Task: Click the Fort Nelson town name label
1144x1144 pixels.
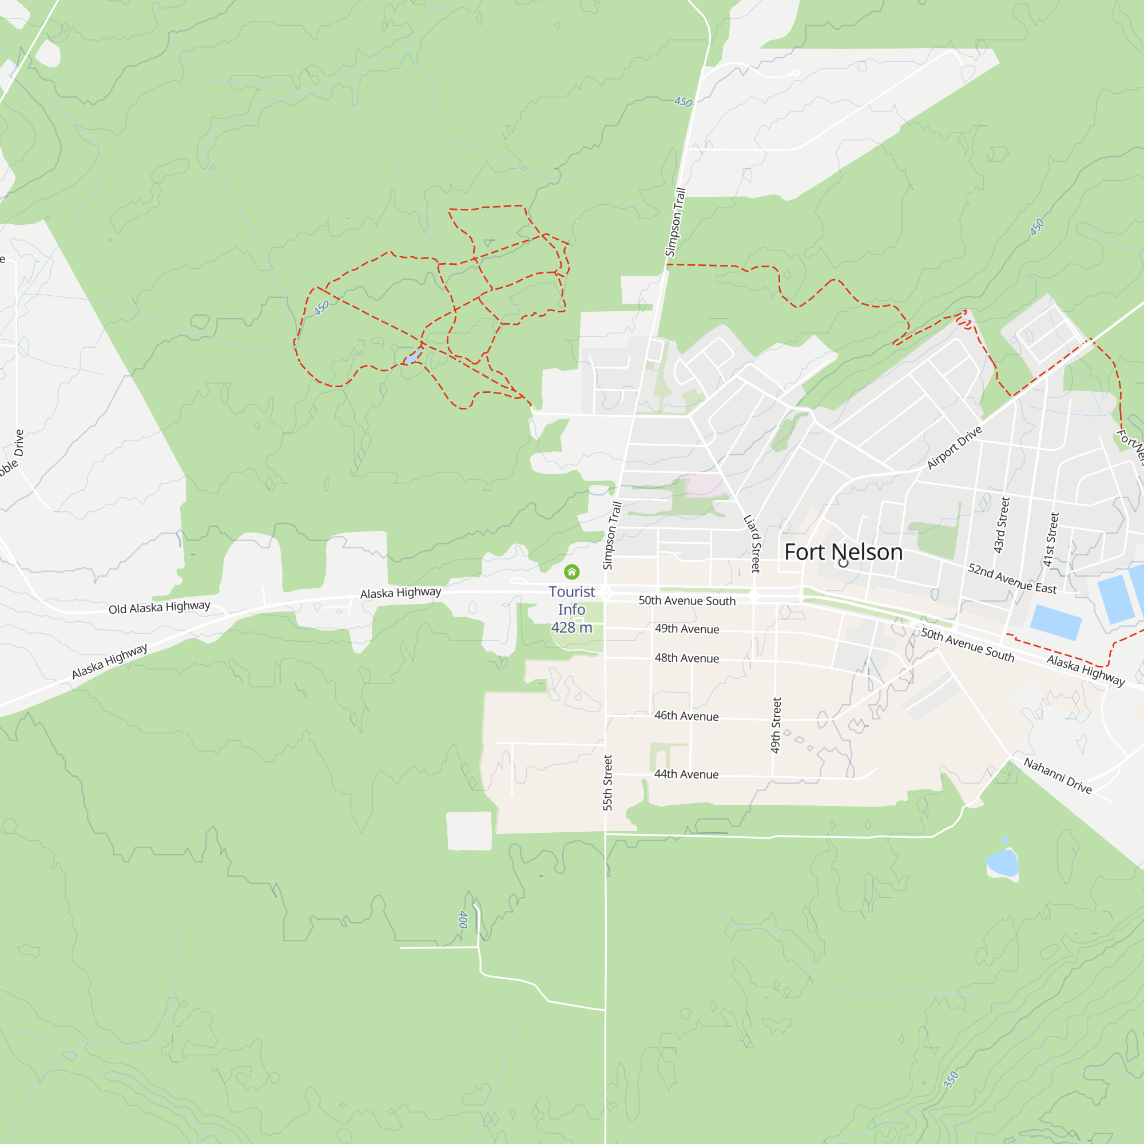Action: tap(843, 552)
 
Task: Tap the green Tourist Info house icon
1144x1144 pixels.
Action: tap(571, 571)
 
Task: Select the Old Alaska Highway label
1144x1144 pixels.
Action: tap(159, 607)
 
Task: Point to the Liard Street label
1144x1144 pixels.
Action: tap(752, 543)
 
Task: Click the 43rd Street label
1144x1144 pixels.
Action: tap(1002, 525)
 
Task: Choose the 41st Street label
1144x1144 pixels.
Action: tap(1051, 539)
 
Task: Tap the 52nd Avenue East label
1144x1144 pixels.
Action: tap(1012, 578)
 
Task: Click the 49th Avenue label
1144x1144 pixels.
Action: tap(687, 629)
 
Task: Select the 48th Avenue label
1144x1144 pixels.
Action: tap(687, 658)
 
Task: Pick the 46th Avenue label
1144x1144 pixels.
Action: tap(686, 716)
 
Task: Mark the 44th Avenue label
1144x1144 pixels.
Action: tap(686, 774)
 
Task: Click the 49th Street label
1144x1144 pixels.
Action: tap(776, 725)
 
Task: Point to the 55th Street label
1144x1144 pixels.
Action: tap(608, 782)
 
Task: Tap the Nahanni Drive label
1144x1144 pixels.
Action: tap(1058, 776)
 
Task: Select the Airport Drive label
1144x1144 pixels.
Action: tap(954, 448)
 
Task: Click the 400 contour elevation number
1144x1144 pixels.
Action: tap(463, 920)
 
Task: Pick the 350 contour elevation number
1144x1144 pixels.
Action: tap(950, 1079)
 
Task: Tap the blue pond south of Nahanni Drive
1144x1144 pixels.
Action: tap(1002, 863)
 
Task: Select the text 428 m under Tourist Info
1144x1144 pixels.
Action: tap(571, 627)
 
